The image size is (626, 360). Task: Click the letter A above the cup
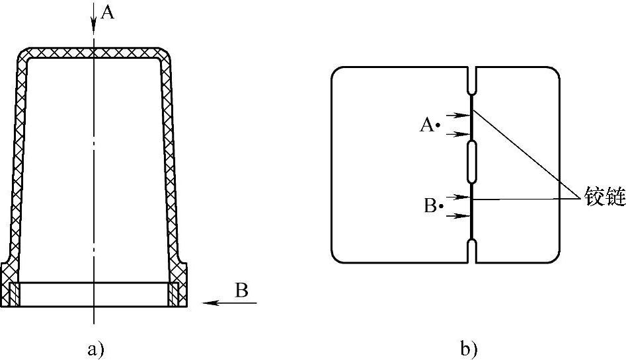click(107, 13)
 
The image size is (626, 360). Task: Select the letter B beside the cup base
click(242, 290)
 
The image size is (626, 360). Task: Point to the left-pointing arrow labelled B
click(227, 303)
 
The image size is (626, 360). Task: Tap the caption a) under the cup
click(97, 348)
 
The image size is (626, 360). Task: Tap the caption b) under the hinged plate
click(469, 348)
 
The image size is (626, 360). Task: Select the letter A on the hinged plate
click(426, 124)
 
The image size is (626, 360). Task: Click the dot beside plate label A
click(438, 124)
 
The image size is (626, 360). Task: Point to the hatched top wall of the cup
click(94, 54)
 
